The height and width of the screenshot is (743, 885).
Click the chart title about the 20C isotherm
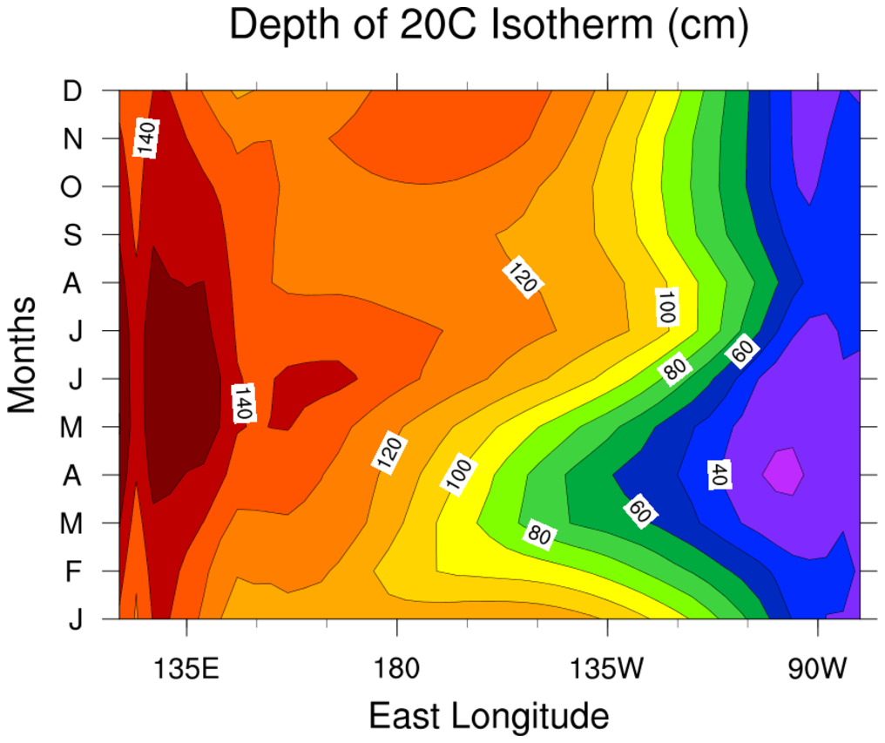pos(489,28)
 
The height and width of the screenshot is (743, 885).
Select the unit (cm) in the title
pos(707,28)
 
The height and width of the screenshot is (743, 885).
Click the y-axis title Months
pos(23,354)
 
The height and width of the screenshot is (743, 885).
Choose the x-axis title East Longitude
pos(489,716)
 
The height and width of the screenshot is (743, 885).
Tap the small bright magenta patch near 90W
pos(783,472)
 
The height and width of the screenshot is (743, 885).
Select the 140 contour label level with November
pos(146,138)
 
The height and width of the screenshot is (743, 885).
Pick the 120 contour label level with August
pos(523,276)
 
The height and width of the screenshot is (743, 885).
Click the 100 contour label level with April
pos(458,476)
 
